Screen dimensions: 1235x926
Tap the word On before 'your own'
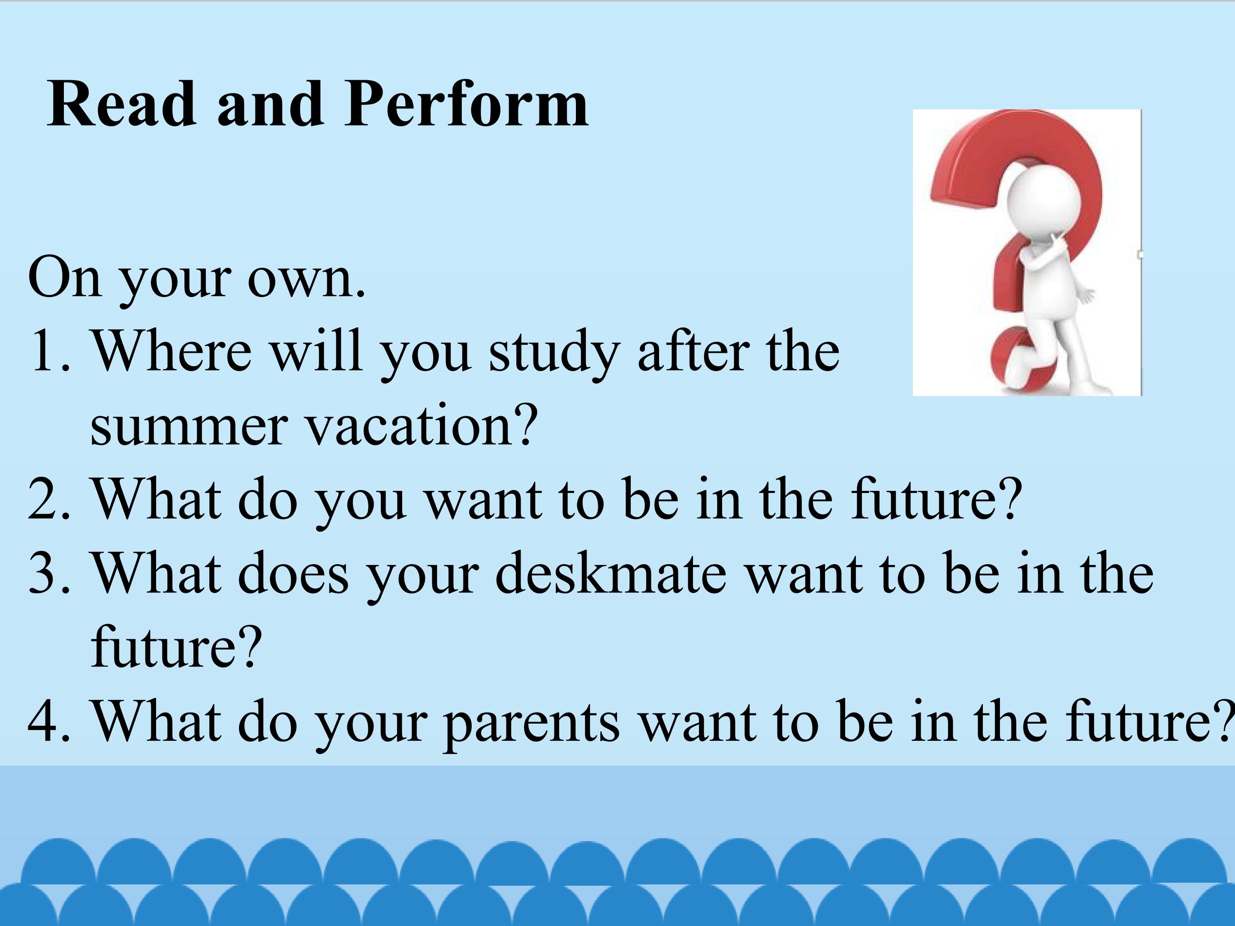pos(65,277)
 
